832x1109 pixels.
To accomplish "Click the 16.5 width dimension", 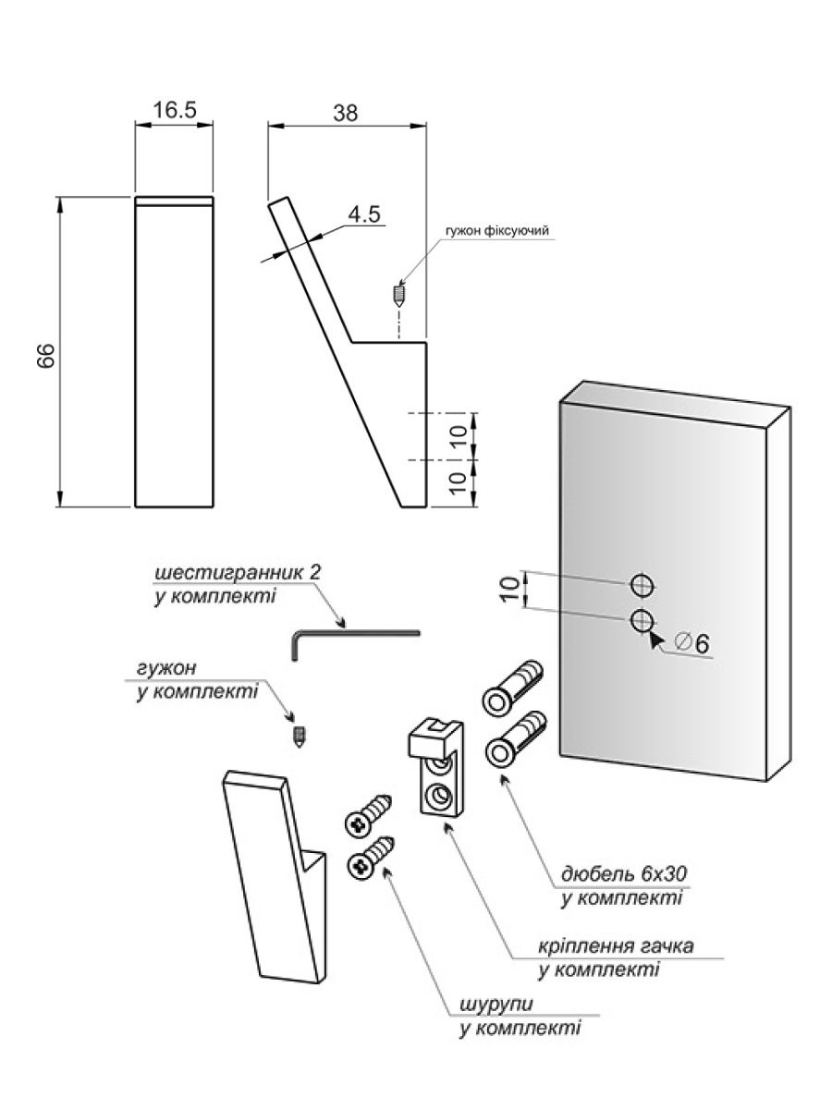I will [x=175, y=110].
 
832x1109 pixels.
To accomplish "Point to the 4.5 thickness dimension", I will [x=363, y=214].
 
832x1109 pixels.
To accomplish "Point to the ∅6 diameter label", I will [x=692, y=643].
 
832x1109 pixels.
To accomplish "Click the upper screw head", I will [x=358, y=821].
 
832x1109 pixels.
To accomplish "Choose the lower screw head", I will [x=363, y=863].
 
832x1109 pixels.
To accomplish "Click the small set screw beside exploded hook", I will [x=299, y=736].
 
